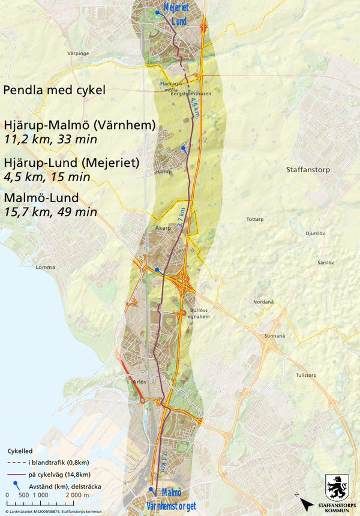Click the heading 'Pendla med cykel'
tap(54, 91)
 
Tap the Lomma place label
tap(46, 267)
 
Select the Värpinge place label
tap(78, 53)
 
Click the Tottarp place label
tap(255, 220)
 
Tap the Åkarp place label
tap(155, 229)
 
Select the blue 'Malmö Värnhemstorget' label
tap(174, 502)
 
